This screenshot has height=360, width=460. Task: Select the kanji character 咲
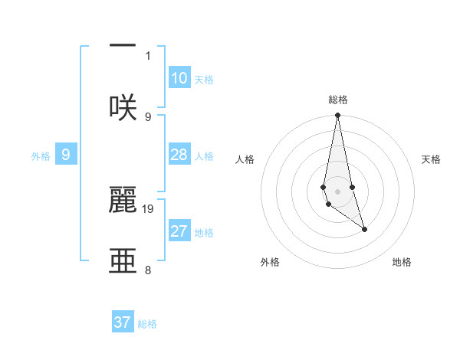pyautogui.click(x=123, y=107)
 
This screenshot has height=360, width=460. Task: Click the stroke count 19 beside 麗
pyautogui.click(x=148, y=208)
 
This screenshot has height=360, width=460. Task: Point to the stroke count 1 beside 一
pyautogui.click(x=148, y=55)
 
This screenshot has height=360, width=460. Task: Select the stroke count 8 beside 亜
pyautogui.click(x=148, y=270)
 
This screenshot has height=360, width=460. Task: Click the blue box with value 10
pyautogui.click(x=179, y=78)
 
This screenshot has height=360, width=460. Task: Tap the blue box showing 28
pyautogui.click(x=179, y=155)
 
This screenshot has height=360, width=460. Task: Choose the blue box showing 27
pyautogui.click(x=179, y=231)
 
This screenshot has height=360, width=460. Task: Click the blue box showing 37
pyautogui.click(x=123, y=322)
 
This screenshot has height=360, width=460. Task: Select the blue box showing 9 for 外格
pyautogui.click(x=66, y=155)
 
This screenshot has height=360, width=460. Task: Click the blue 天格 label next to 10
pyautogui.click(x=204, y=80)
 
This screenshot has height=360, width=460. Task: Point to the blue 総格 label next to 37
pyautogui.click(x=147, y=324)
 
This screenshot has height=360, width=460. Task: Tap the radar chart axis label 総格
pyautogui.click(x=338, y=100)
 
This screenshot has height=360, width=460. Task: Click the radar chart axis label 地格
pyautogui.click(x=402, y=262)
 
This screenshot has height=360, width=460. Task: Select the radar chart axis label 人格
pyautogui.click(x=245, y=159)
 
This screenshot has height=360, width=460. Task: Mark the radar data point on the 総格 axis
pyautogui.click(x=337, y=116)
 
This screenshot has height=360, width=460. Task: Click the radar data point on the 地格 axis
pyautogui.click(x=364, y=229)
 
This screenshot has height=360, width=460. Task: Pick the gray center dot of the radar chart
pyautogui.click(x=337, y=191)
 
